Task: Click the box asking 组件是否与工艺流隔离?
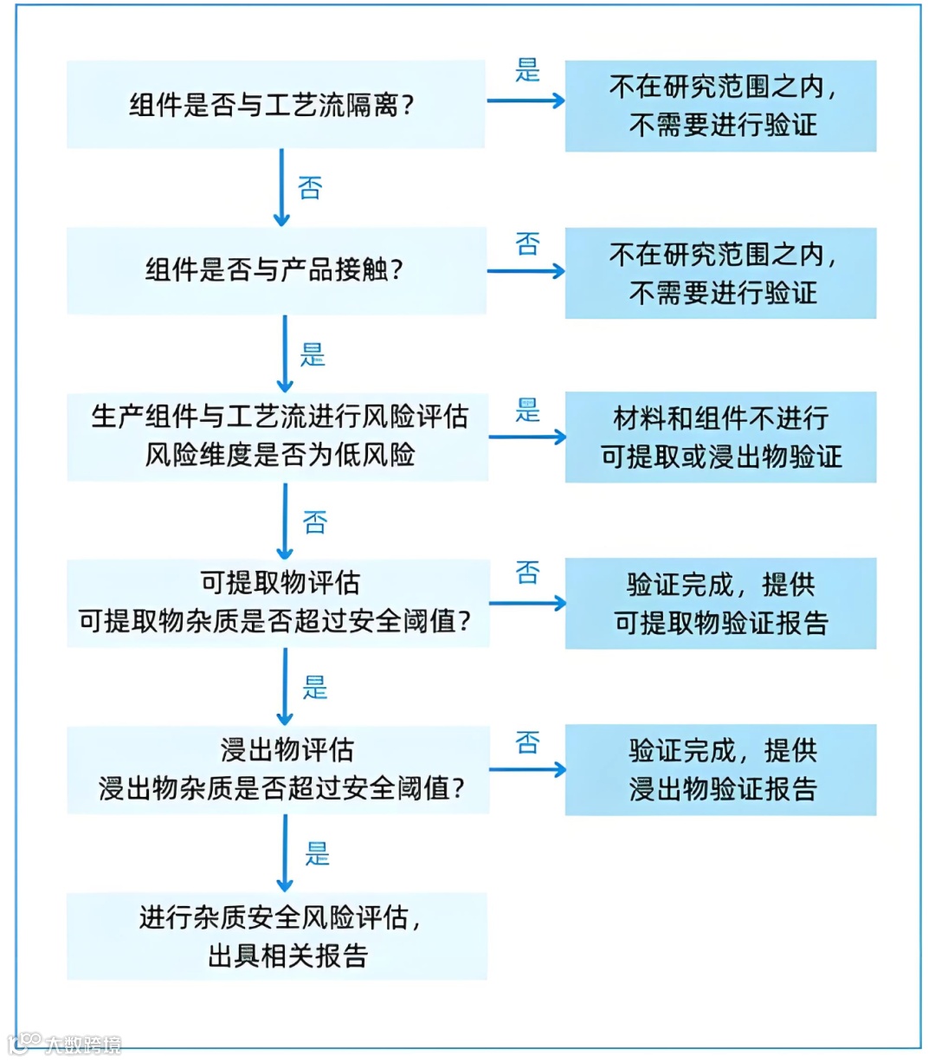click(x=275, y=104)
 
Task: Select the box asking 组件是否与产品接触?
click(x=275, y=270)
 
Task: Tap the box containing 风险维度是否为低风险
click(x=277, y=436)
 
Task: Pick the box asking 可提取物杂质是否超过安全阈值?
click(x=277, y=602)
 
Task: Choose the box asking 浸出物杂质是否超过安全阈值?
click(x=277, y=769)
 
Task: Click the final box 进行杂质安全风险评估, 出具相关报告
click(x=277, y=936)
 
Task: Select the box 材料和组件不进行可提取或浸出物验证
click(x=720, y=437)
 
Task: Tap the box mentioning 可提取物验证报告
click(x=720, y=603)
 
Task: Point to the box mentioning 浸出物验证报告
click(x=720, y=769)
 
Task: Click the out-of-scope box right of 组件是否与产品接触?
click(x=720, y=273)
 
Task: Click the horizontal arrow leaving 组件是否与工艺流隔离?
click(x=525, y=100)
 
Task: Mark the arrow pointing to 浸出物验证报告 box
click(x=526, y=769)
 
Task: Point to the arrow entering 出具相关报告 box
click(x=285, y=853)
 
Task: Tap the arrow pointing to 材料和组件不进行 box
click(x=526, y=437)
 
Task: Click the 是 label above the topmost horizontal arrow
click(x=527, y=70)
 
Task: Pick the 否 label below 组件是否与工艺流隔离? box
click(x=310, y=188)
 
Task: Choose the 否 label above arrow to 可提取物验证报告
click(x=527, y=572)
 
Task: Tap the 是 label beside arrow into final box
click(x=317, y=854)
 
